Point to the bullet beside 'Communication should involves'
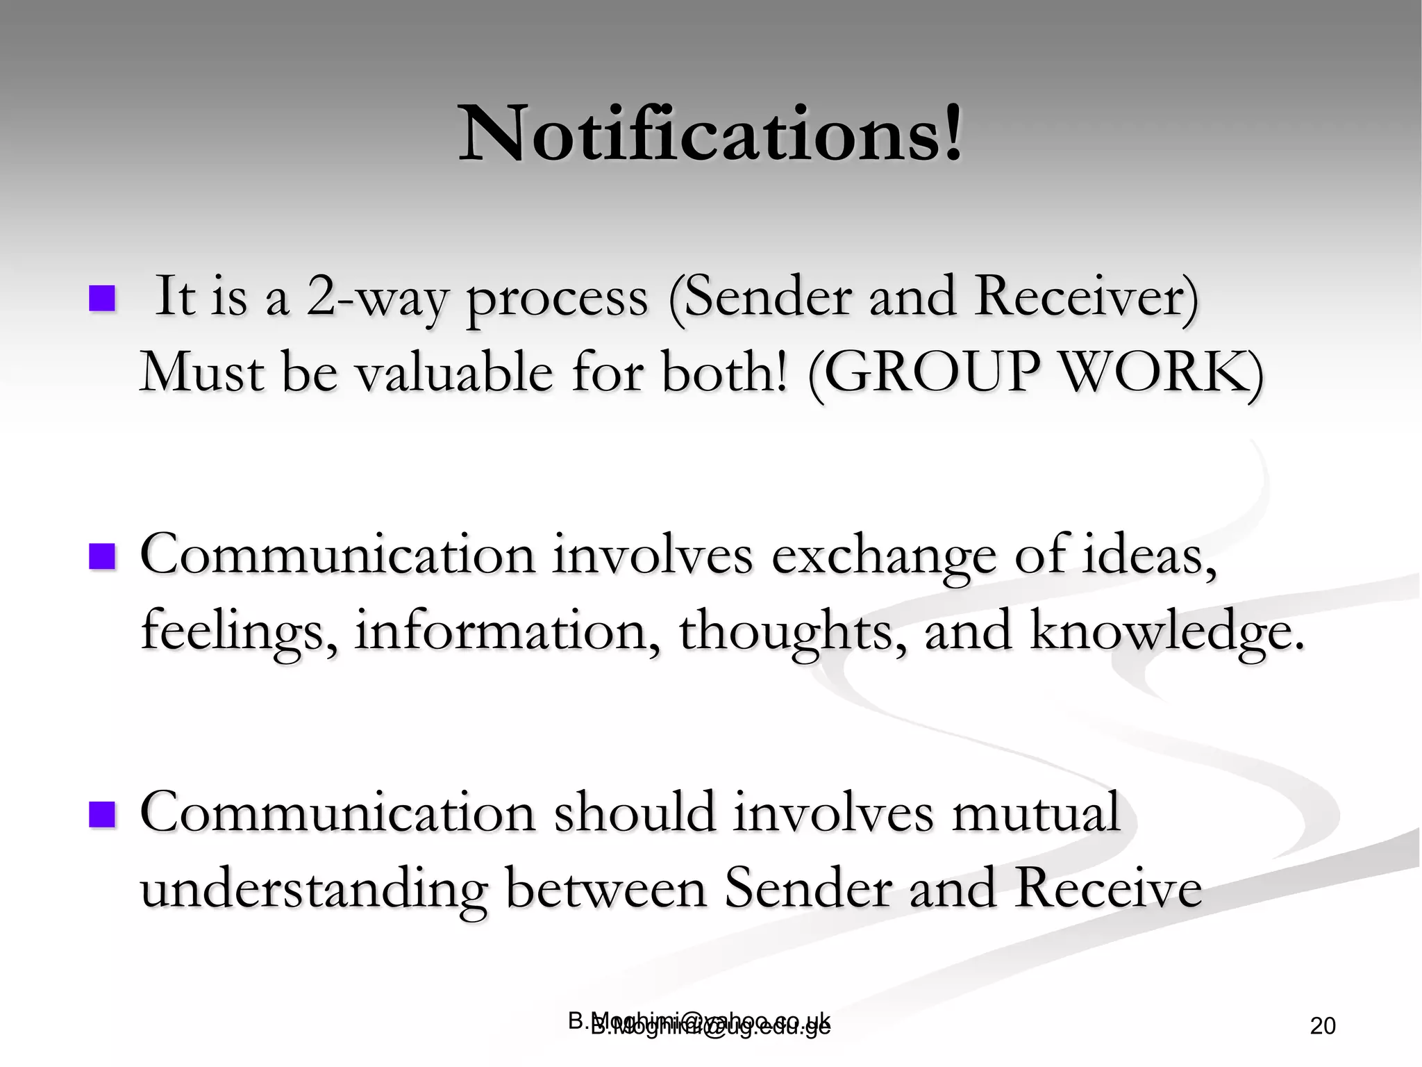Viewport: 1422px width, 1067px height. pyautogui.click(x=101, y=814)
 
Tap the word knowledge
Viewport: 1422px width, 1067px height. pyautogui.click(x=1166, y=631)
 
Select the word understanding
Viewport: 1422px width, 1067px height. pyautogui.click(x=312, y=889)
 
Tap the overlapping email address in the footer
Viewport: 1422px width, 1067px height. pyautogui.click(x=700, y=1024)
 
